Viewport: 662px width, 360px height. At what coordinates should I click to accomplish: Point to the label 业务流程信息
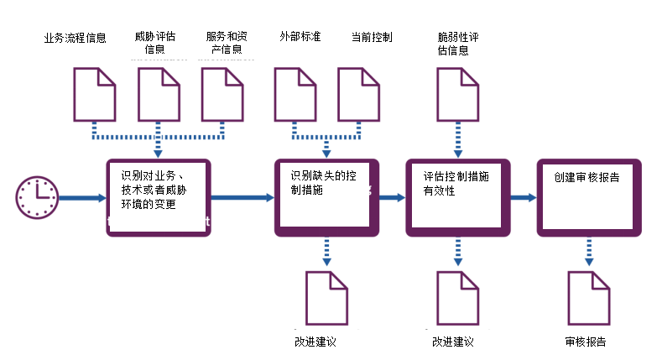75,38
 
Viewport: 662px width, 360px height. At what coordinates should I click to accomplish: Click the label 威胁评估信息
155,43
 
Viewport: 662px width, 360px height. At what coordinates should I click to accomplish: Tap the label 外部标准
300,38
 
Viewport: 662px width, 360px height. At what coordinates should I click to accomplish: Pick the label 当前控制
372,38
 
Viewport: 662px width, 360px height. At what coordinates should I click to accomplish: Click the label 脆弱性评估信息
458,44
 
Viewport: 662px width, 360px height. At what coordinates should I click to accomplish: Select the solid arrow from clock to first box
82,199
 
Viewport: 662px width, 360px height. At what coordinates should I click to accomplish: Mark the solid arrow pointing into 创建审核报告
523,198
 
